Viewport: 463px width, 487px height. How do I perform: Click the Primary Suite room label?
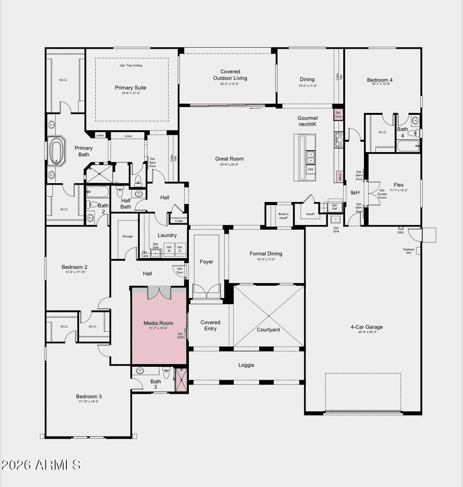pos(131,88)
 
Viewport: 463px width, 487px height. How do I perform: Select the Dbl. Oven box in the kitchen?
pos(338,114)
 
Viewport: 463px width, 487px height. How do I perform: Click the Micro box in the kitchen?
pos(339,176)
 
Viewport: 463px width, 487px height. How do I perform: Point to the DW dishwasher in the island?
pos(311,169)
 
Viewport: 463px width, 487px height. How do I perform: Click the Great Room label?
pos(229,159)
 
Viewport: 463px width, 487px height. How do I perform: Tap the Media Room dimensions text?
pos(158,328)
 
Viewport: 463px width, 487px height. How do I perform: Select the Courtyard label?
pos(268,330)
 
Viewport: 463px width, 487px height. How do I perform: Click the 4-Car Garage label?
pos(367,327)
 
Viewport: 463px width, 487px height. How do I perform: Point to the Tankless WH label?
pos(408,251)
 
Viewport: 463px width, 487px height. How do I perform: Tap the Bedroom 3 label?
pos(89,397)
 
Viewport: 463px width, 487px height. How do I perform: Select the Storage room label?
pos(127,237)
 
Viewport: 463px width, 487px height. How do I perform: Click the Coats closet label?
pos(179,221)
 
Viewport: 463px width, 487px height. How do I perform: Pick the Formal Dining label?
pos(266,253)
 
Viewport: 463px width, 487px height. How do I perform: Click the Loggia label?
pos(246,365)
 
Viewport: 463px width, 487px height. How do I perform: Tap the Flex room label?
pos(399,185)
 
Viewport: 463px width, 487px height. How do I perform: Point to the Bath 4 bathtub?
pos(408,146)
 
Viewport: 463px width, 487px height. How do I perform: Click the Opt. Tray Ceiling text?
pos(131,65)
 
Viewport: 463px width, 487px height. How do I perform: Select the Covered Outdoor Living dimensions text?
pos(230,84)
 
